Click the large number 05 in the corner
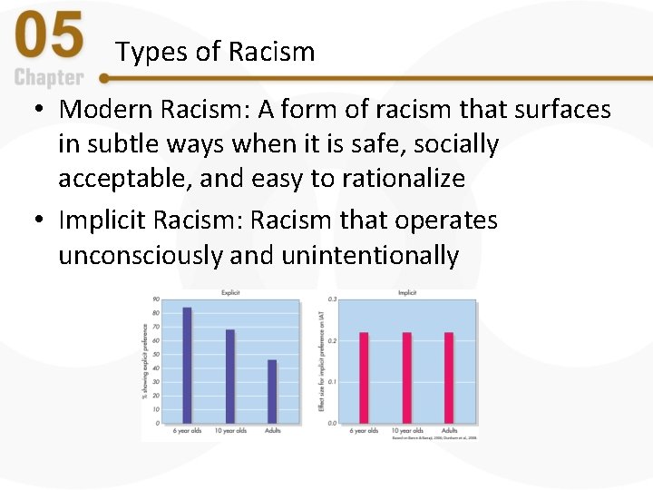point(50,37)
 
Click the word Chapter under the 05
point(49,78)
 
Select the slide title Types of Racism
point(215,53)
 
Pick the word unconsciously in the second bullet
point(141,255)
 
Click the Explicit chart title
point(230,292)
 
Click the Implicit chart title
point(407,292)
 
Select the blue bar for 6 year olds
point(188,365)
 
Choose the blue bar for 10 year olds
point(230,376)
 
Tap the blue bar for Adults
point(272,391)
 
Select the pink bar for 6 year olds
point(364,377)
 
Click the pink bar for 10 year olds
point(406,377)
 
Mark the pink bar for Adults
point(449,377)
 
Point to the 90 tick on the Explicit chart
point(156,299)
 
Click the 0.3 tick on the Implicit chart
point(332,299)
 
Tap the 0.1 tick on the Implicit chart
point(332,382)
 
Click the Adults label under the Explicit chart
point(272,430)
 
